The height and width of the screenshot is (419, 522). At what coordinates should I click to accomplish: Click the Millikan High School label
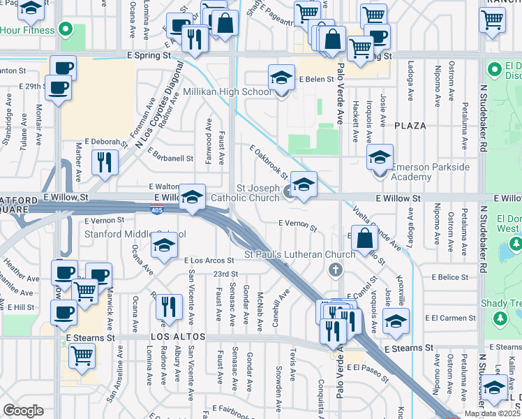[228, 92]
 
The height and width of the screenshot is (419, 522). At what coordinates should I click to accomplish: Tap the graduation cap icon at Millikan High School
[281, 77]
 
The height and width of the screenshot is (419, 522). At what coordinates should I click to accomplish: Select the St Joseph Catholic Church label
[258, 193]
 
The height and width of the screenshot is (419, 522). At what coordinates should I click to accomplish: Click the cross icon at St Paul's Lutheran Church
[336, 270]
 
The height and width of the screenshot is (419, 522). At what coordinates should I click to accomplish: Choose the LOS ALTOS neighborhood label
[177, 337]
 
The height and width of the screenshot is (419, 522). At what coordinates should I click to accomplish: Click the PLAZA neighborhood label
[410, 126]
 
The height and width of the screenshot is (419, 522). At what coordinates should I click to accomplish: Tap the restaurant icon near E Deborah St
[105, 162]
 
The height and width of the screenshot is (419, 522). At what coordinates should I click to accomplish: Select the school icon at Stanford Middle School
[164, 245]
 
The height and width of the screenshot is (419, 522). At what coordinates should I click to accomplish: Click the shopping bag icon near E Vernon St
[364, 237]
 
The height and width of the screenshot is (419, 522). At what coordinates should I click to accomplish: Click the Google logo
[23, 411]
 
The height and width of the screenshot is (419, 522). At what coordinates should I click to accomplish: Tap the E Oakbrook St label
[269, 161]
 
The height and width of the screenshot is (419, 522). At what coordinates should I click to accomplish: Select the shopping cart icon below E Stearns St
[82, 355]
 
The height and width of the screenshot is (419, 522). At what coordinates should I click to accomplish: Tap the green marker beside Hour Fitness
[66, 30]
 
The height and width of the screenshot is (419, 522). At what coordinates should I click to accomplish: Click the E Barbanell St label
[169, 159]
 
